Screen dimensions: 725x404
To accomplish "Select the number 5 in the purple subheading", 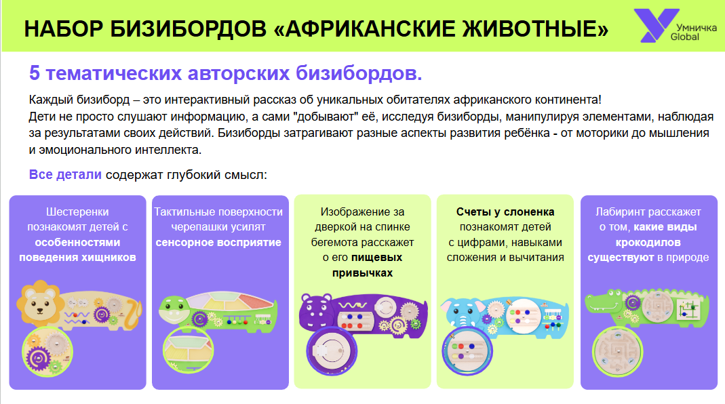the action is click(34, 73).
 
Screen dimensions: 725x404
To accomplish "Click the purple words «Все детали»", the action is click(65, 175).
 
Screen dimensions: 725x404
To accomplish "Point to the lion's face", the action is click(41, 303).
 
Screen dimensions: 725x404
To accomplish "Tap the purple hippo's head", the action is click(317, 311).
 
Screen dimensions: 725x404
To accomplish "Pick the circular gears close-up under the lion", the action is click(47, 352).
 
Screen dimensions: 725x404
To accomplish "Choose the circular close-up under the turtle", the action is click(188, 350).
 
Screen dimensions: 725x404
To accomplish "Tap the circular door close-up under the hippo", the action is click(332, 350).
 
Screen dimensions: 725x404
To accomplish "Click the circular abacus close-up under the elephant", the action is click(467, 351).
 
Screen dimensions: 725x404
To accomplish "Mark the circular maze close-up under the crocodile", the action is click(617, 350).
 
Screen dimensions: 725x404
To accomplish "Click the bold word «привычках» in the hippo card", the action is click(362, 272).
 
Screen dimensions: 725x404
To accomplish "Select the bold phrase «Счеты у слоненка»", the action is click(505, 211).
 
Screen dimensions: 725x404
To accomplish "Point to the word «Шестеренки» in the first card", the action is click(77, 211).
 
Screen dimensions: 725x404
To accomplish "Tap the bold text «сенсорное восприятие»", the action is click(218, 242).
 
